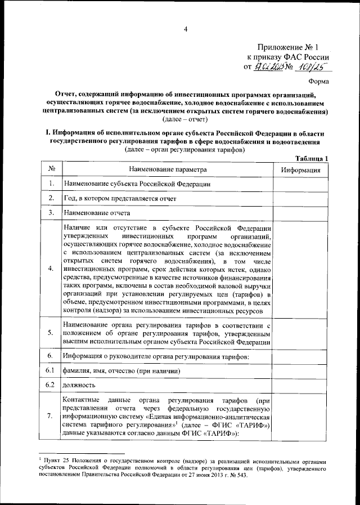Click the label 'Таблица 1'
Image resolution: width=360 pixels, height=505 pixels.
[311, 158]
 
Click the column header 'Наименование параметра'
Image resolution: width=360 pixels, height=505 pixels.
[168, 169]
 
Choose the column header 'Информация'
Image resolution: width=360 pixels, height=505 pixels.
[301, 169]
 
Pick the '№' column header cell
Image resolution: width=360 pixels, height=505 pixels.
[51, 169]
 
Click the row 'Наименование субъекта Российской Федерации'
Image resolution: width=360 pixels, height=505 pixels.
[137, 184]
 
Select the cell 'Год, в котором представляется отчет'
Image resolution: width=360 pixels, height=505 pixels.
[120, 199]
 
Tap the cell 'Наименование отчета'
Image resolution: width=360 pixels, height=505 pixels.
[97, 213]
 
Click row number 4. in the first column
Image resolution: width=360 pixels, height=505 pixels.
[51, 268]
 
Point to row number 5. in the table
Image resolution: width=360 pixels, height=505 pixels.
[51, 333]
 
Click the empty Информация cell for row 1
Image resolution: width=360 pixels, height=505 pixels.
[301, 184]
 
